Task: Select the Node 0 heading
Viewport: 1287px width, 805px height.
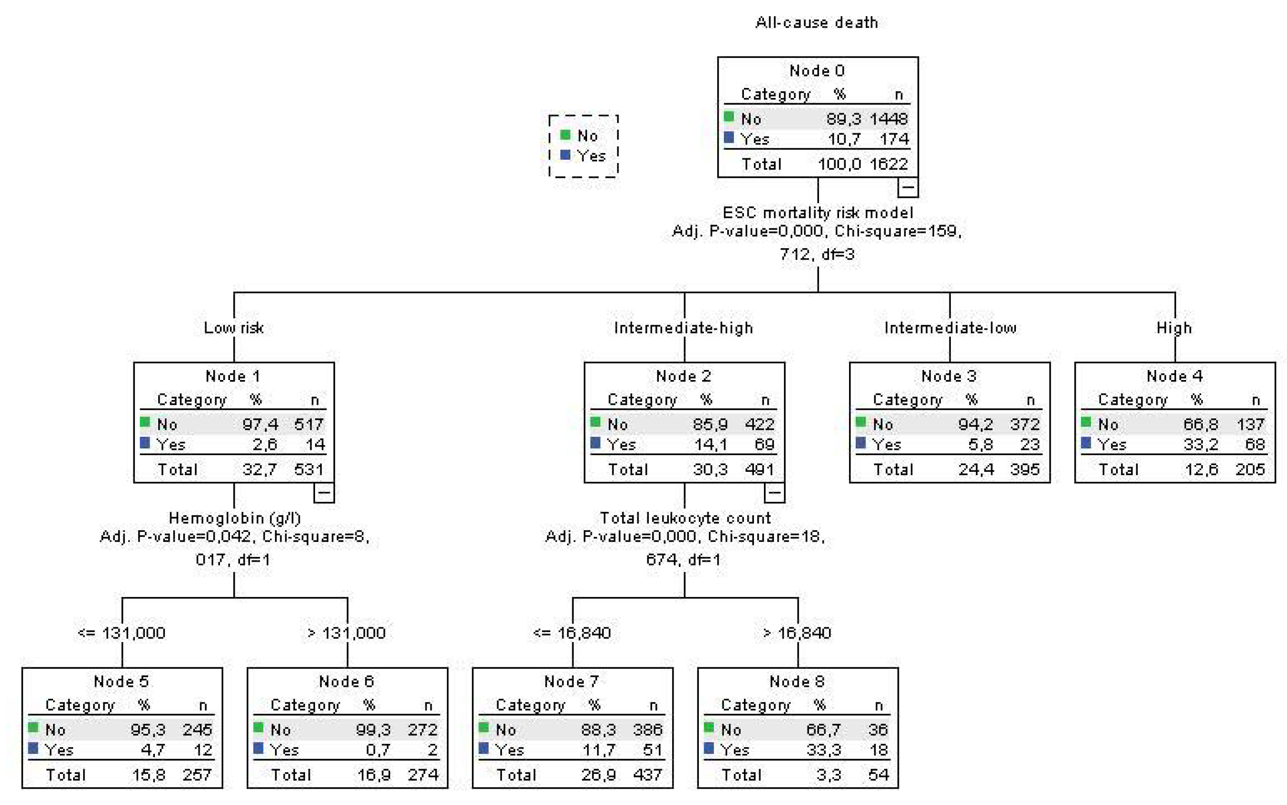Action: point(817,71)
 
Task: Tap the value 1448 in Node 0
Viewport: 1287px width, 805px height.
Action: point(888,119)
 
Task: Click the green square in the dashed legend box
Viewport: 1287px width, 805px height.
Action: point(566,135)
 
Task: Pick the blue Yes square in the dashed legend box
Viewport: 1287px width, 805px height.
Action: point(566,155)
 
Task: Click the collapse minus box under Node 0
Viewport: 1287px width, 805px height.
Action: point(908,187)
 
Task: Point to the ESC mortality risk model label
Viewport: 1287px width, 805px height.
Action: point(818,213)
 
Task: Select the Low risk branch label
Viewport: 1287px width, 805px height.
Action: point(234,328)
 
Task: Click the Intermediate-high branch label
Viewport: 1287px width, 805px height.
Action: point(684,328)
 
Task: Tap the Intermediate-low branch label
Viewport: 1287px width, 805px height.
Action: point(950,328)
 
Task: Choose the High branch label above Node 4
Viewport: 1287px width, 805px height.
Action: point(1174,328)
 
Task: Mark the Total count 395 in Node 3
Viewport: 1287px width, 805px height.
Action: point(1025,469)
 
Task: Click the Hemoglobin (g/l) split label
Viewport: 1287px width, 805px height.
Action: point(234,518)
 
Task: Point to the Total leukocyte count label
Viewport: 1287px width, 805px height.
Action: point(685,518)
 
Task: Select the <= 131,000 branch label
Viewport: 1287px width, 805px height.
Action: point(121,633)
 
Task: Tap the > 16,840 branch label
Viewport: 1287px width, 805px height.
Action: point(797,633)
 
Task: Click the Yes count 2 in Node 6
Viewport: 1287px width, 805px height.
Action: point(432,750)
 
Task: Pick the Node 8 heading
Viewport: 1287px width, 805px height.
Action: point(797,682)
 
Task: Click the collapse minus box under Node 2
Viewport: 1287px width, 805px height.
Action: point(774,492)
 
